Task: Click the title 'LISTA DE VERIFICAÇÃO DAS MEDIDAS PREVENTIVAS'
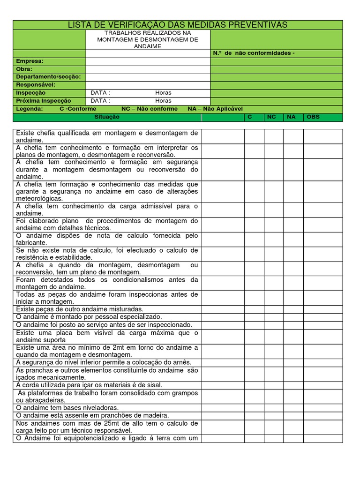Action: point(178,25)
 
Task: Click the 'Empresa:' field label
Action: point(30,61)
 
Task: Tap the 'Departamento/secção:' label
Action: point(48,77)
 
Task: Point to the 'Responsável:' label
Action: point(36,85)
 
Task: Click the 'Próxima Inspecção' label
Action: point(44,101)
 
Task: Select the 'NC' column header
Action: point(271,117)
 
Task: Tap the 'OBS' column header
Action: point(313,117)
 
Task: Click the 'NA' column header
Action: point(291,117)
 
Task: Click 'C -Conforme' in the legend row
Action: point(78,109)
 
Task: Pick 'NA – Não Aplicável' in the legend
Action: point(215,109)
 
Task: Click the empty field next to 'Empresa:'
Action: point(148,61)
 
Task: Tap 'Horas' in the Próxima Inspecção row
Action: point(163,101)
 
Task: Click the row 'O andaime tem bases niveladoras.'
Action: point(67,408)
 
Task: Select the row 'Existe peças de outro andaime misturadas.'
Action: point(80,309)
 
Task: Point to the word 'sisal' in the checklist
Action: point(152,385)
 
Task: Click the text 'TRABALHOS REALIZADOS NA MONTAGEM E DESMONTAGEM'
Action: point(148,37)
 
